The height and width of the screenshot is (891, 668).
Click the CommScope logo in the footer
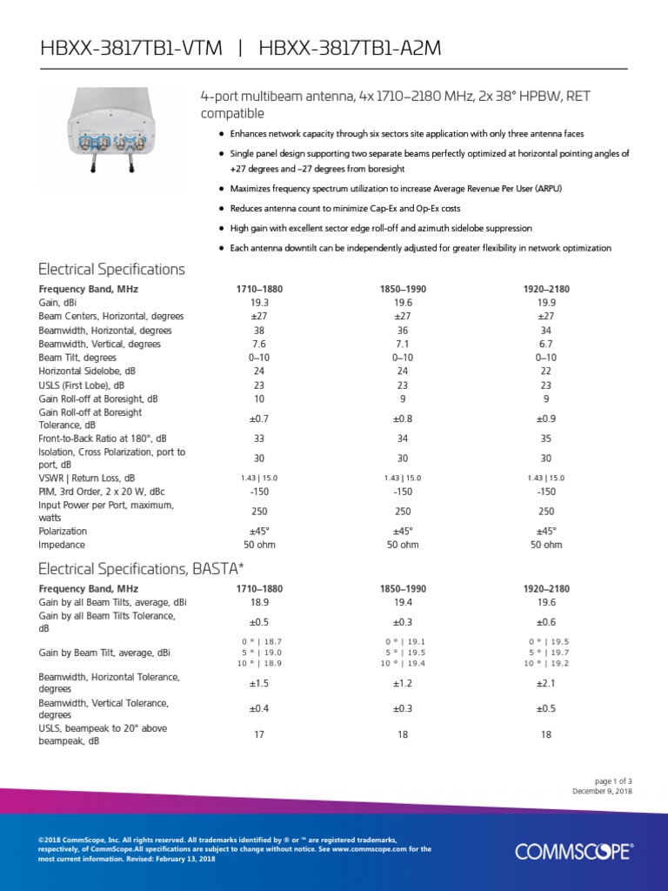tap(573, 851)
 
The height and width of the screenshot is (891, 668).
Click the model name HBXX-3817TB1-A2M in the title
tap(350, 50)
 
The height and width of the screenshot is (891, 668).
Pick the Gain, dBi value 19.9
tap(546, 303)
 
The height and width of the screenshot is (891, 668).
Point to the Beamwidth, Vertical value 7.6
tap(259, 344)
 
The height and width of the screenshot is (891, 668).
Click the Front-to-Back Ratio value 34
tap(403, 439)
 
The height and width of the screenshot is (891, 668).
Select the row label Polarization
tap(63, 531)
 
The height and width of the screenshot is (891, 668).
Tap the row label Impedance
tap(62, 545)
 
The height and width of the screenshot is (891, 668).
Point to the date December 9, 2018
tap(602, 791)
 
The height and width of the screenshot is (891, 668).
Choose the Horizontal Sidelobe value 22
tap(546, 371)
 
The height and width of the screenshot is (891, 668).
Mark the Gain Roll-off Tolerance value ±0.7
tap(259, 418)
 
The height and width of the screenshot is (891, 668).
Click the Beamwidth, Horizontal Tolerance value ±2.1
tap(546, 683)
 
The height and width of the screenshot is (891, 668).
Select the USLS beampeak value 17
tap(259, 734)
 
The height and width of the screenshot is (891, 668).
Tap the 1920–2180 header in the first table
tap(546, 289)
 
